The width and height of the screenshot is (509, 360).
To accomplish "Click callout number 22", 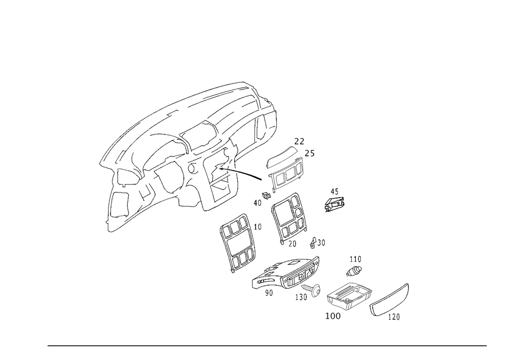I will click(x=299, y=141).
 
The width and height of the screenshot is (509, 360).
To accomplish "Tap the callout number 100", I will click(x=333, y=316).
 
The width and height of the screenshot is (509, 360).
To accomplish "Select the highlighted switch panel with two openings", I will click(x=286, y=175).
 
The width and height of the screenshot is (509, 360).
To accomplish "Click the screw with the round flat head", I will click(x=314, y=290).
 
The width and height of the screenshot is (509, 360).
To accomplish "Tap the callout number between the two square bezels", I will click(x=260, y=227).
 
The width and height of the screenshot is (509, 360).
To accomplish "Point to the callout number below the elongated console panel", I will click(x=270, y=294).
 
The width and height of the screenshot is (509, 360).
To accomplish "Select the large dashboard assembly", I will click(x=188, y=148).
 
